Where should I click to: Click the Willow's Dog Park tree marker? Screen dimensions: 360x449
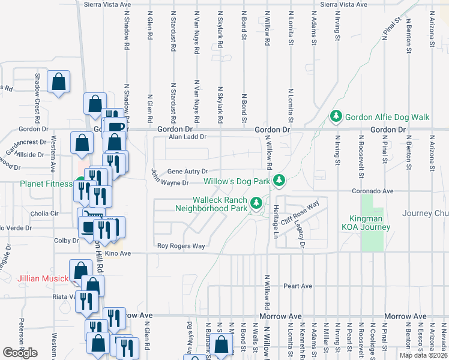[x=279, y=180]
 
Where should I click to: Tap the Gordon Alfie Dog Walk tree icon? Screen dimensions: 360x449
[x=337, y=116]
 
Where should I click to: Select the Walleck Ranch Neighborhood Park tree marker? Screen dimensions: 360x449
[x=256, y=203]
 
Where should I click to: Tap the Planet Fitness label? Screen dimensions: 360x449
[x=46, y=184]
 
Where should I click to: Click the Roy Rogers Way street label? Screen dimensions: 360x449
[x=181, y=246]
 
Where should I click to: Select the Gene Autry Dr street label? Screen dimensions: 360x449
[x=187, y=171]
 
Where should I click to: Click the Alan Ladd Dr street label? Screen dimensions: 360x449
[x=187, y=137]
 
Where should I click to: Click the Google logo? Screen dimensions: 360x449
[x=20, y=353]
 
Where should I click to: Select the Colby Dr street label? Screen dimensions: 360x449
[x=67, y=241]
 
